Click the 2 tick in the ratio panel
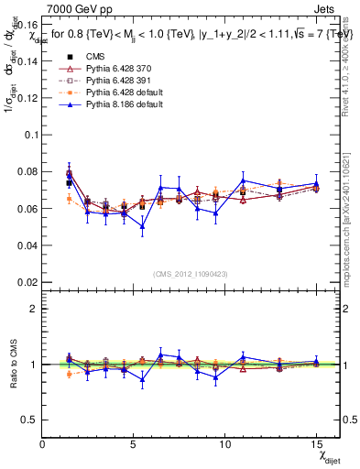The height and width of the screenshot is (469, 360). coord(33,309)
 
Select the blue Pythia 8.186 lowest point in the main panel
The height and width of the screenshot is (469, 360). coord(142,227)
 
